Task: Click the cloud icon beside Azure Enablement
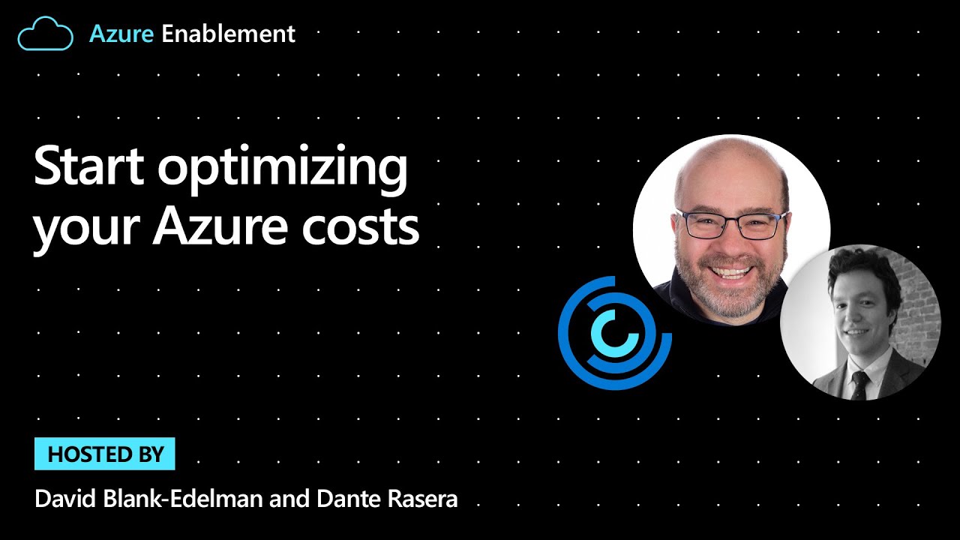[x=45, y=34]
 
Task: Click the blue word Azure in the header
[x=121, y=34]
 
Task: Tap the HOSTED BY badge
[x=105, y=454]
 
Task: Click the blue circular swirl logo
[x=614, y=333]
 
